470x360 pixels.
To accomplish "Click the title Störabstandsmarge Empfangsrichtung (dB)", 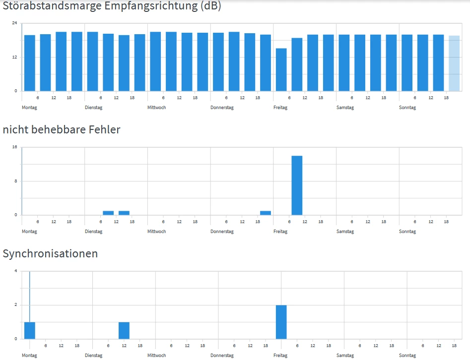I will tap(112, 6).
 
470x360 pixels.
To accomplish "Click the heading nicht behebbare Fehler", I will tap(62, 130).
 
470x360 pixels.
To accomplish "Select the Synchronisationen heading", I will tap(50, 254).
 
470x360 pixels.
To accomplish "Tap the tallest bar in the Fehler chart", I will tap(297, 185).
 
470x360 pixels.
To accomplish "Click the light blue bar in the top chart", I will tap(454, 63).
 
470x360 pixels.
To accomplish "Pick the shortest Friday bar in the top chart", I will tap(281, 69).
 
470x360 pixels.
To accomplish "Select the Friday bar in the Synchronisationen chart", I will tap(281, 322).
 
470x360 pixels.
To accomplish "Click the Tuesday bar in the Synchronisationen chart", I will tap(124, 330).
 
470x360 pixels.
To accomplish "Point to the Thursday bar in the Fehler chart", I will tap(266, 213).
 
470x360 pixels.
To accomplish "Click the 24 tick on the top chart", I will tap(14, 23).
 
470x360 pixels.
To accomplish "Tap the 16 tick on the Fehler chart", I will tap(14, 147).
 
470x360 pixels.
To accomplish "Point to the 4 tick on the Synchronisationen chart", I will tap(16, 271).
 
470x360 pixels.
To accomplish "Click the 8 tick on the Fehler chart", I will tap(15, 181).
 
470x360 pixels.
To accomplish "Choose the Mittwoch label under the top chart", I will tap(157, 108).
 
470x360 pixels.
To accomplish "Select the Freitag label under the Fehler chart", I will tap(280, 232).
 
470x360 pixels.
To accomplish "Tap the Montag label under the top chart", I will tap(29, 108).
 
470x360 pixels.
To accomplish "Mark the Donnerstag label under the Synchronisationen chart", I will tap(221, 356).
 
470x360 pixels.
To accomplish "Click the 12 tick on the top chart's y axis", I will tap(14, 57).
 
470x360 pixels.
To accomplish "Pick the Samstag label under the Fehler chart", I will tap(345, 232).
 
